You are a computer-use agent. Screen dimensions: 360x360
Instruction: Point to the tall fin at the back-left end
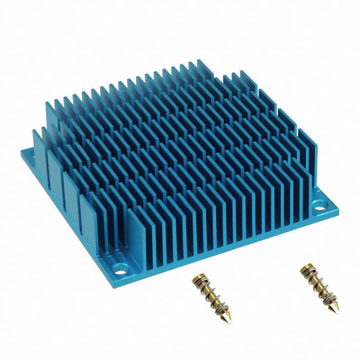pyautogui.click(x=50, y=114)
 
